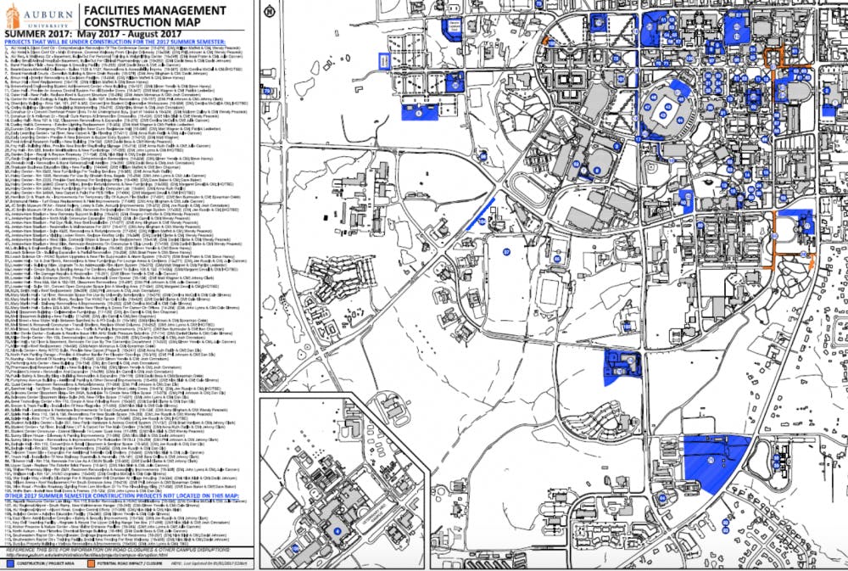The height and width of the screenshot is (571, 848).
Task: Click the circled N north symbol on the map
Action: (269, 12)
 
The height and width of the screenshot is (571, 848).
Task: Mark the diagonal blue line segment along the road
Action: (480, 213)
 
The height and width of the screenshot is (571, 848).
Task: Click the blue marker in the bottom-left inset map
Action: (336, 530)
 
